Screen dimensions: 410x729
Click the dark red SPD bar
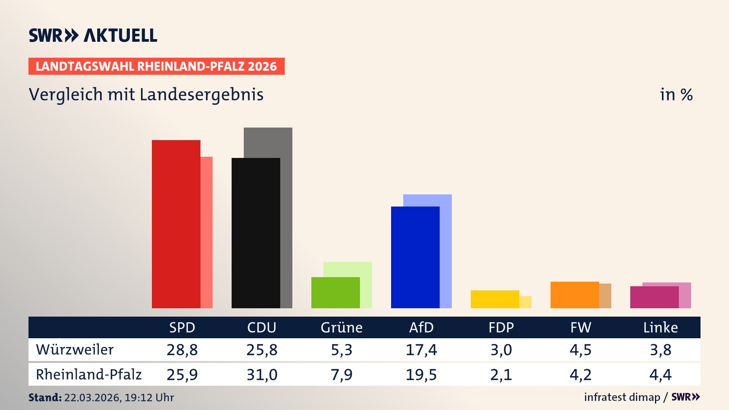[176, 224]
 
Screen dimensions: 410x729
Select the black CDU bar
[256, 233]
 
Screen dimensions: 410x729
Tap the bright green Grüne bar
[335, 292]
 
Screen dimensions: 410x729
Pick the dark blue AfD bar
[415, 257]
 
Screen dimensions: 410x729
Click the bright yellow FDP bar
[495, 299]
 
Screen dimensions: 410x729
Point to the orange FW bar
[574, 295]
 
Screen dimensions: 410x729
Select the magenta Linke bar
[654, 297]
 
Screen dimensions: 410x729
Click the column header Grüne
[341, 327]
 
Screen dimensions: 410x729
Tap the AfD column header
[421, 327]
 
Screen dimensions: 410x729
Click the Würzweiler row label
[75, 350]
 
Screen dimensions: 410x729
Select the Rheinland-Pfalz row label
[88, 375]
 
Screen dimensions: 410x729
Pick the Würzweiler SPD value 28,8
[182, 350]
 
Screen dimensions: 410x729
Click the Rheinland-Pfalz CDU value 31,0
[262, 375]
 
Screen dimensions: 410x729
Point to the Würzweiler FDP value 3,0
[501, 350]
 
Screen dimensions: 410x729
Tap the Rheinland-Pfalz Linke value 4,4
[660, 375]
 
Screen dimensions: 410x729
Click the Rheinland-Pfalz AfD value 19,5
[421, 375]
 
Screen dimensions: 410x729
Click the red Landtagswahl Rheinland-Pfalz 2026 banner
[156, 66]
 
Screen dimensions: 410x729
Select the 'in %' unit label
[676, 95]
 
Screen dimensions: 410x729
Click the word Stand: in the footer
[45, 397]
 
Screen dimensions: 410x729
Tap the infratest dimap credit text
[622, 397]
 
